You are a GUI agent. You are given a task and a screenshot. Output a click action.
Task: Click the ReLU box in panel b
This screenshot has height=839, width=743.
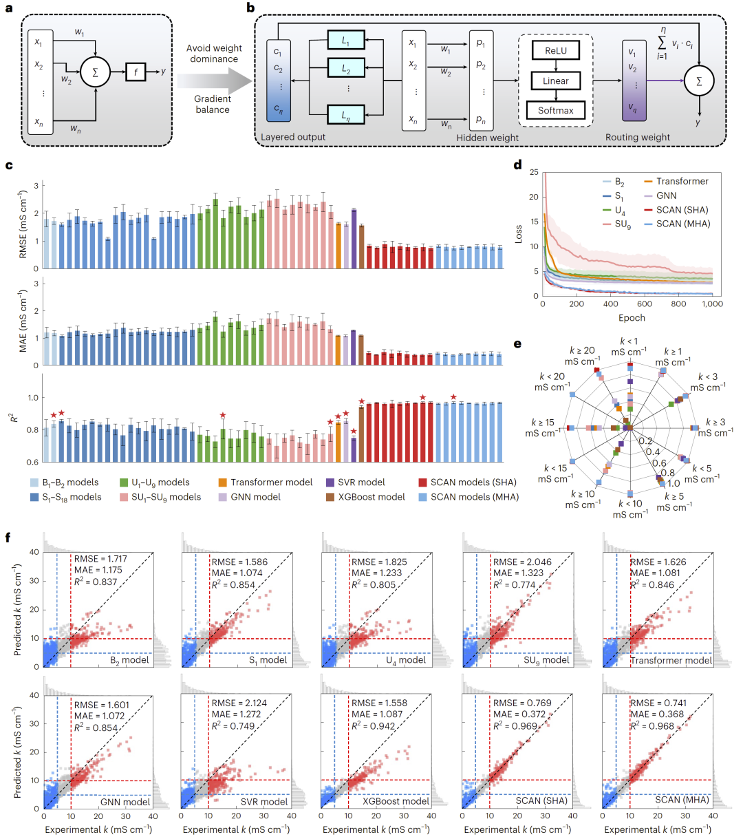[555, 50]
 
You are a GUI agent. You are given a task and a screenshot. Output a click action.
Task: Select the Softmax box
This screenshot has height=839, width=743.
[555, 110]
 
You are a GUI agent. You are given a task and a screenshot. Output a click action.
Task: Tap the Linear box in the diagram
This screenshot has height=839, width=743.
[555, 81]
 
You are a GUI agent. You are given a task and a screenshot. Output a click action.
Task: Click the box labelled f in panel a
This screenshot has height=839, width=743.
[136, 70]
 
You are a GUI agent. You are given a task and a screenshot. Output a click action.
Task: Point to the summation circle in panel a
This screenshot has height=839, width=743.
[95, 71]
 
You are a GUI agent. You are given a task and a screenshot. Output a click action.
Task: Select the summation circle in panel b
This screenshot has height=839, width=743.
[700, 81]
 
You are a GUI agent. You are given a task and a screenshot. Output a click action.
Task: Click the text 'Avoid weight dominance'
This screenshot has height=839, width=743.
[213, 54]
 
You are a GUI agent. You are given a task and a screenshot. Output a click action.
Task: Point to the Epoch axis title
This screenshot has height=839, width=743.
[631, 317]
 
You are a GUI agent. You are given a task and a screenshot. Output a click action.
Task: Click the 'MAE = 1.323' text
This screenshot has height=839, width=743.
[519, 573]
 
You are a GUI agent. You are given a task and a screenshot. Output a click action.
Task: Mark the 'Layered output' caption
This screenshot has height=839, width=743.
[293, 137]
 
